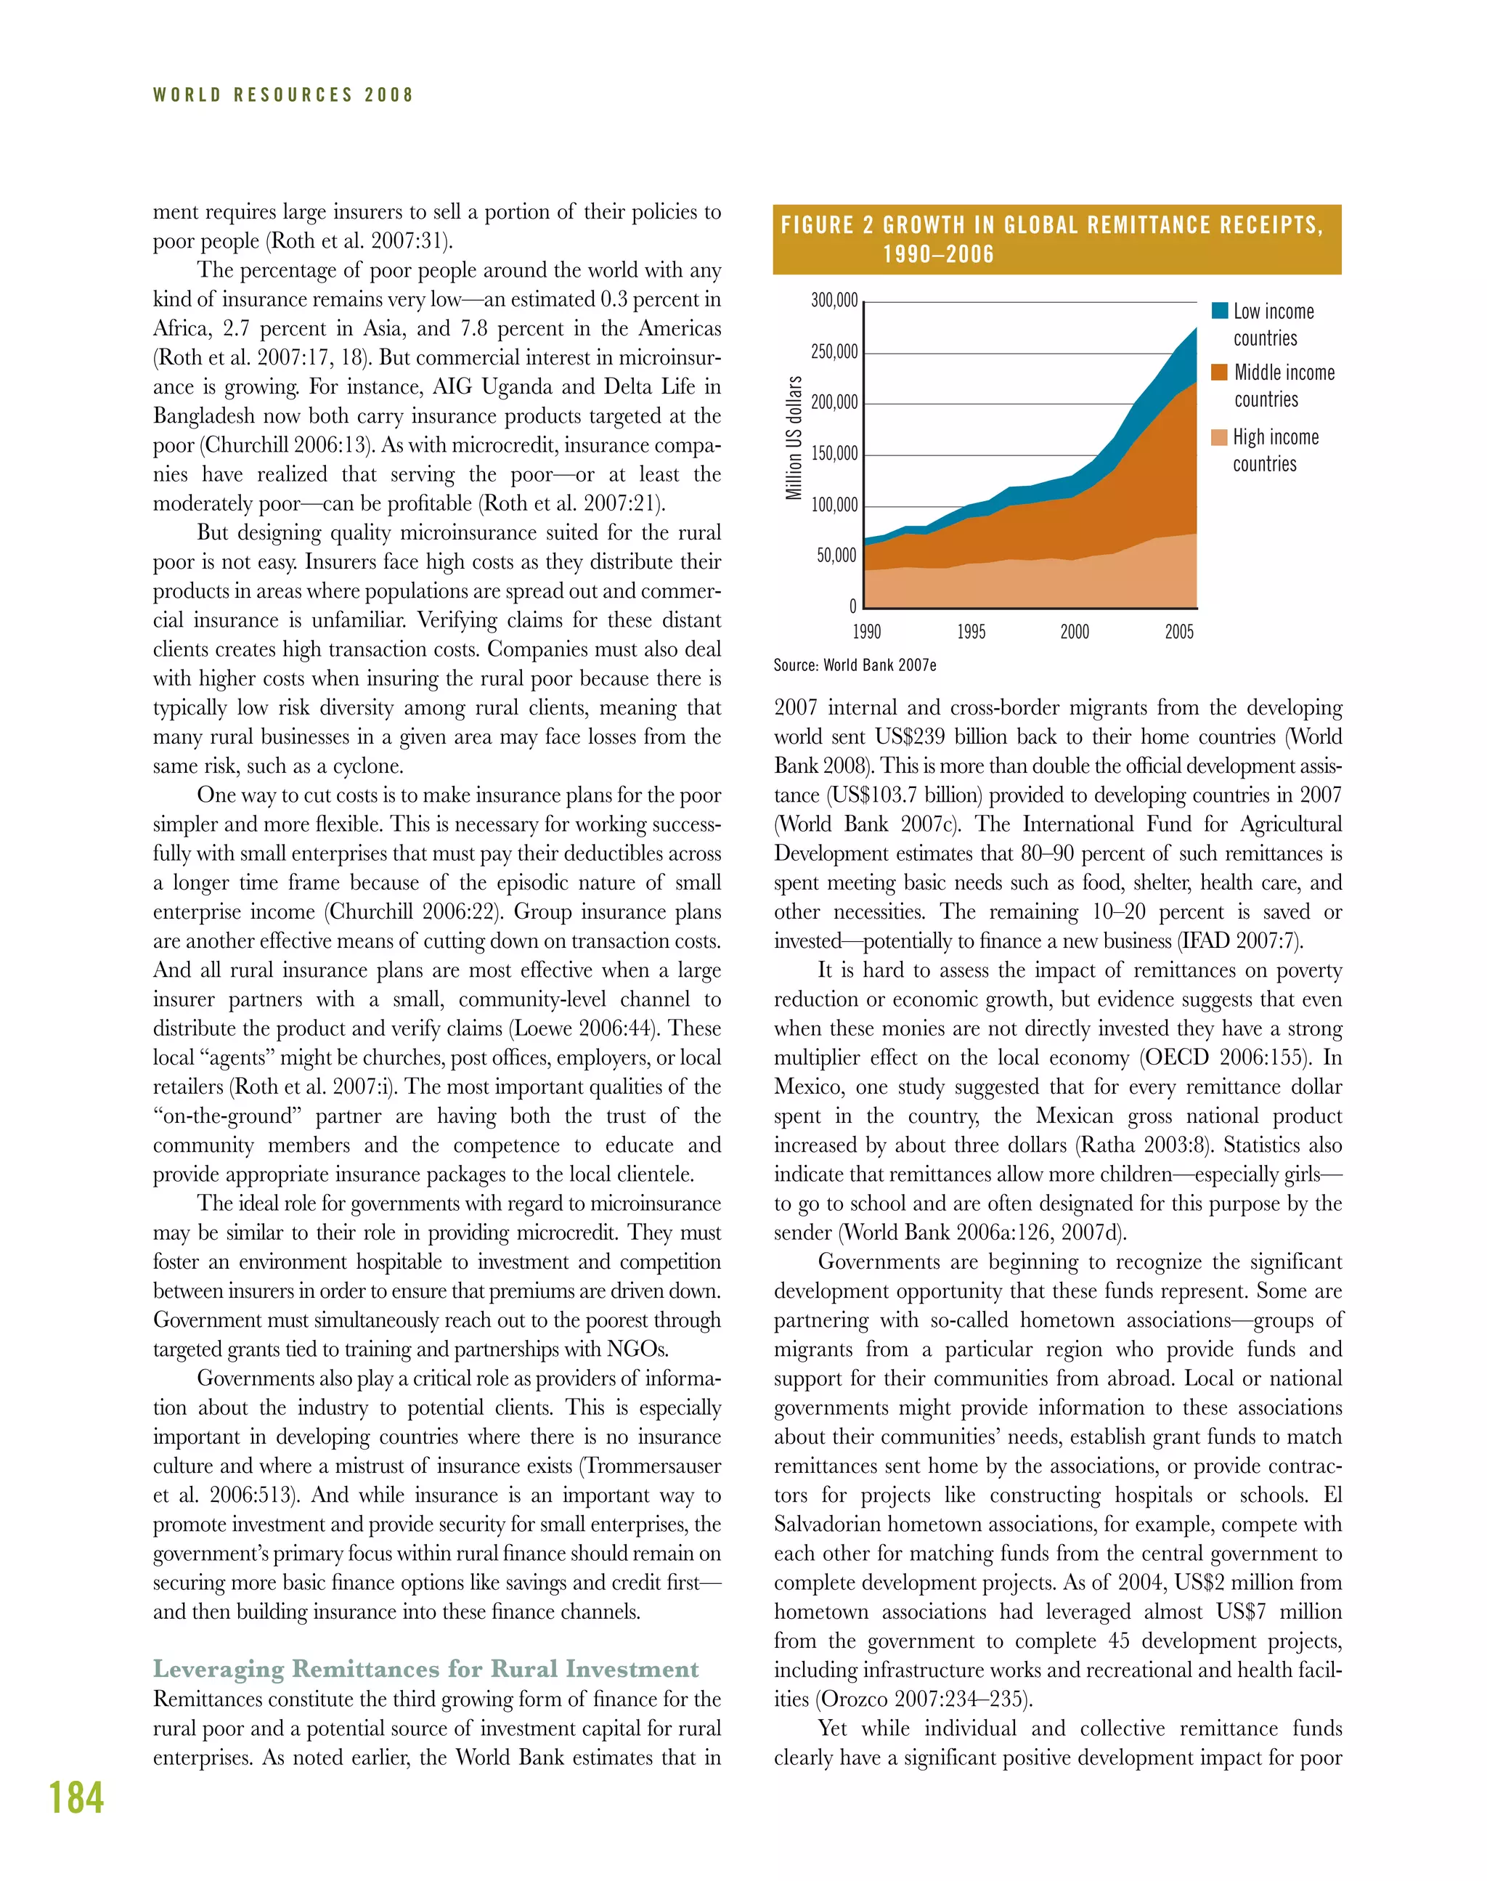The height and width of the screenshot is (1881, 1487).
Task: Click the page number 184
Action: click(77, 1798)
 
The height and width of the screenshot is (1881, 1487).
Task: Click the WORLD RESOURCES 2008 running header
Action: click(283, 94)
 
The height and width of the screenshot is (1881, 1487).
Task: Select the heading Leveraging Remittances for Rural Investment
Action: click(425, 1668)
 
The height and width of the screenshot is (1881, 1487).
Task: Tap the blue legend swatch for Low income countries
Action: click(1220, 311)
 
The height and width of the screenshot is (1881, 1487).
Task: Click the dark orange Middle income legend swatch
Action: click(1220, 372)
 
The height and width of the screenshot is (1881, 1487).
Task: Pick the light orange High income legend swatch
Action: click(1220, 437)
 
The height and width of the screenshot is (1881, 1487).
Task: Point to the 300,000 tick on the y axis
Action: click(834, 301)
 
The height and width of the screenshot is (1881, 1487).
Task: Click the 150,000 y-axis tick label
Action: click(834, 454)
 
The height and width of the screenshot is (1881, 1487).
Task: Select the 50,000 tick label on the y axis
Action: click(836, 556)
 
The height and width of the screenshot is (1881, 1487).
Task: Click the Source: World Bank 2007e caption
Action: click(855, 665)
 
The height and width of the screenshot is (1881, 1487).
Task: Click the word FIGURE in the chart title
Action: click(817, 226)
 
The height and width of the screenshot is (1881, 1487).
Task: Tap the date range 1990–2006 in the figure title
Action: click(939, 255)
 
